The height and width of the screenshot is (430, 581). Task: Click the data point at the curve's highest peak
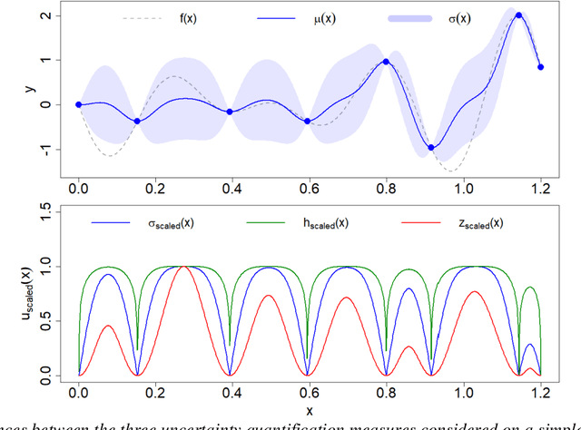[519, 15]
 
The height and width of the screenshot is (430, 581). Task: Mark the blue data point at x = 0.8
[386, 62]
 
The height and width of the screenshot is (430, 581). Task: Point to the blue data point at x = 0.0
[78, 104]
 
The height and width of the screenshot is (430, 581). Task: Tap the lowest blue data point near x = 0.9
[431, 148]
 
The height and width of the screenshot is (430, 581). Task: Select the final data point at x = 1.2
[541, 67]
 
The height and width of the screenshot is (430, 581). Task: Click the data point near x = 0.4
[230, 112]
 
